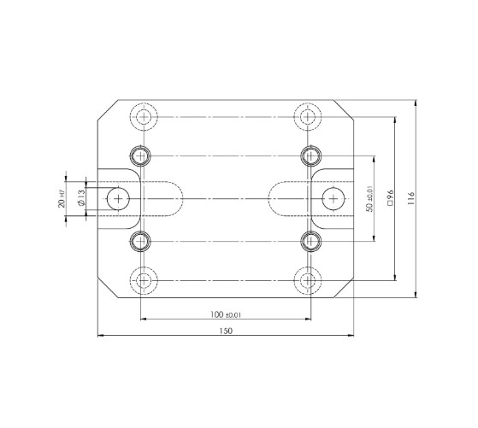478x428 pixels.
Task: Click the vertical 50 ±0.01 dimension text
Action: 369,198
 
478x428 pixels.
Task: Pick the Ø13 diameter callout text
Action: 80,198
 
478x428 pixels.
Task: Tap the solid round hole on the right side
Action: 333,198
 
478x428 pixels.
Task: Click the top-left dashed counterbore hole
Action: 141,116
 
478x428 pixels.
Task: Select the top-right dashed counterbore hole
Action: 310,116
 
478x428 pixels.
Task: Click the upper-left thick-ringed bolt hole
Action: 141,155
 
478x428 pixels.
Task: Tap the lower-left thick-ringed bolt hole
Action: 141,241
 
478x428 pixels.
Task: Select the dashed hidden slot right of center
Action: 290,198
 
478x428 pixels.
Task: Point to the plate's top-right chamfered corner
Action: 345,112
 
